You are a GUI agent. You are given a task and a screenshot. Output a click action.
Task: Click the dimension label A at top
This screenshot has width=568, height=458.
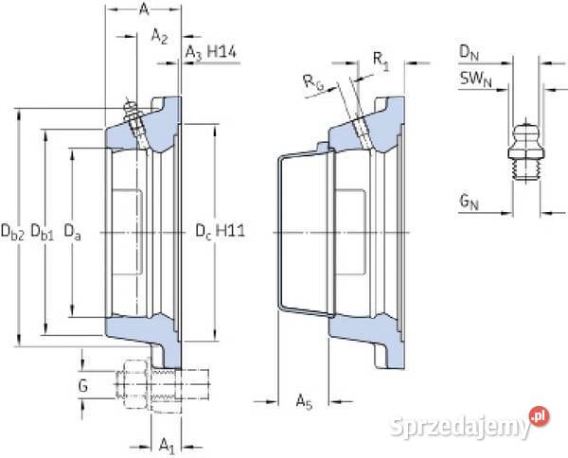click(x=143, y=10)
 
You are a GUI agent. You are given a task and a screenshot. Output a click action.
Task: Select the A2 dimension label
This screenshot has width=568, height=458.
click(x=159, y=37)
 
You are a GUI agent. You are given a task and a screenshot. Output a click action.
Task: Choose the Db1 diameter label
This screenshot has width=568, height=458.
click(x=42, y=230)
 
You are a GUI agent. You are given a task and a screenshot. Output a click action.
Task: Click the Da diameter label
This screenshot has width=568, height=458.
click(x=72, y=230)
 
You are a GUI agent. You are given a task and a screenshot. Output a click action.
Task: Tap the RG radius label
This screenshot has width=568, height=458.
click(x=318, y=83)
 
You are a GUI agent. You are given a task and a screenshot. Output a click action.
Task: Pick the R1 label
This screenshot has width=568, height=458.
click(x=381, y=61)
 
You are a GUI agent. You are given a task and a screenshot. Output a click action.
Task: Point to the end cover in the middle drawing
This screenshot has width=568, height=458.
click(x=303, y=232)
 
